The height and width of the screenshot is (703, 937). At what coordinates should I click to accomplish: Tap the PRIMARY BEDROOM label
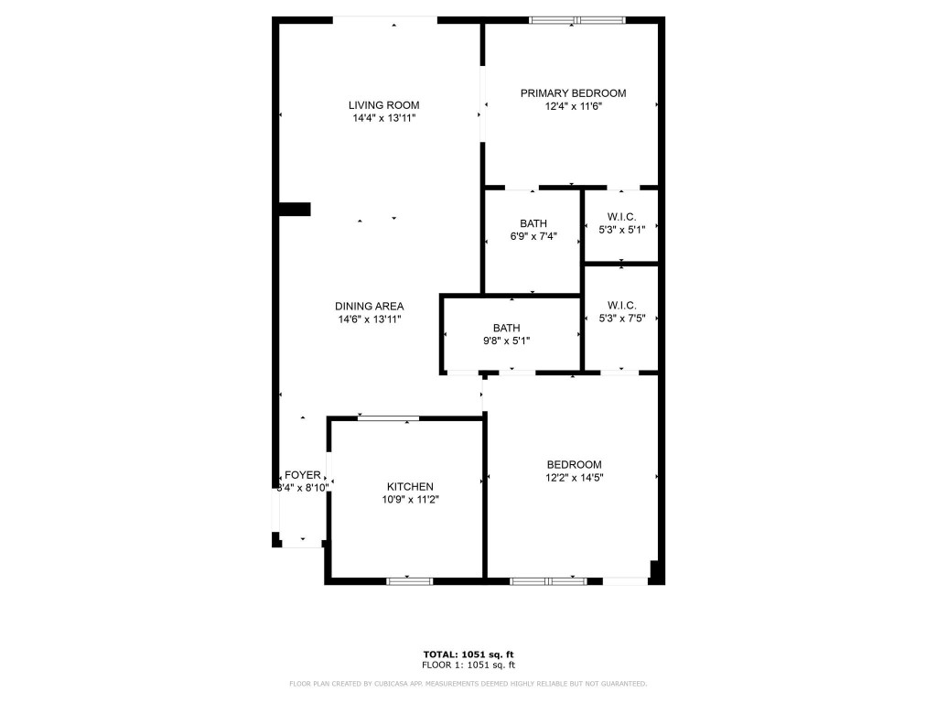(x=573, y=92)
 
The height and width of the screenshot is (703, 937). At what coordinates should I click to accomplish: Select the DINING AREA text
(x=369, y=306)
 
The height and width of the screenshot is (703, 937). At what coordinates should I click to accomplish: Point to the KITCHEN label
(x=410, y=486)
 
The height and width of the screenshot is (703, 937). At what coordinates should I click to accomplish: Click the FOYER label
(x=303, y=475)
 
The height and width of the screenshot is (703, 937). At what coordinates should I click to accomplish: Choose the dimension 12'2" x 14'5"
(x=575, y=477)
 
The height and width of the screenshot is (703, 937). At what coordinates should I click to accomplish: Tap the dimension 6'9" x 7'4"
(x=533, y=236)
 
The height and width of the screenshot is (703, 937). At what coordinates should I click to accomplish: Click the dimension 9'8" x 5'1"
(x=506, y=341)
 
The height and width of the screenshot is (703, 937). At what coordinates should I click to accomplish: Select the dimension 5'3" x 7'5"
(x=621, y=319)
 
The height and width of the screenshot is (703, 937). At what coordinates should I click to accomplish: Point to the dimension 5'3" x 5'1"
(x=621, y=229)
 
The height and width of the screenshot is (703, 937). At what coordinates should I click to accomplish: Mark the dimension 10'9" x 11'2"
(x=410, y=500)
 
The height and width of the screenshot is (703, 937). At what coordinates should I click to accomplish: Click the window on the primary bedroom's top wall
(x=577, y=19)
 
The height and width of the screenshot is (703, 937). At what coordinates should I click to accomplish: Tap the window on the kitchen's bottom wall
(x=410, y=580)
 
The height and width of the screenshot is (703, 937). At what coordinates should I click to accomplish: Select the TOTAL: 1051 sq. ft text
(x=468, y=654)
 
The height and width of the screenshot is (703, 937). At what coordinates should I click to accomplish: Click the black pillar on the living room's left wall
(x=295, y=210)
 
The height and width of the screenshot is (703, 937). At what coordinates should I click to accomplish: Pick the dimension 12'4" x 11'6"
(x=573, y=106)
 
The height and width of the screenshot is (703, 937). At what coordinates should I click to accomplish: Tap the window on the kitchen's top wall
(x=388, y=418)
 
